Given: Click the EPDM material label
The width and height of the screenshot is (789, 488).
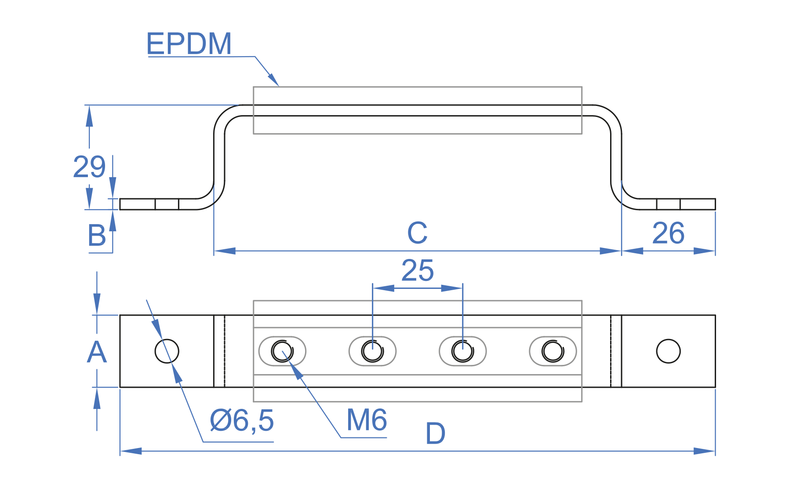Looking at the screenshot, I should coord(189,44).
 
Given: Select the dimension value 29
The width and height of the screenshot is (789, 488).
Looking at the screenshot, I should coord(89,167).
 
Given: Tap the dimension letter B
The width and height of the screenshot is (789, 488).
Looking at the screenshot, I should coord(97,236).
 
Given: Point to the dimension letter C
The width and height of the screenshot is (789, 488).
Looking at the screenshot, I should coord(417,233).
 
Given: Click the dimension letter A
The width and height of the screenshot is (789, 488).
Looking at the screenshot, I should coord(97,353).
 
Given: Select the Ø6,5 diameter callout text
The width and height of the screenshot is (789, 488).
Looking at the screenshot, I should coord(242,421).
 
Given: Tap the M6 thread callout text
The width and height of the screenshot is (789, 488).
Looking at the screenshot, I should coord(367,420).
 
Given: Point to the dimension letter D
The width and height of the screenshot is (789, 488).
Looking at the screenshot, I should coord(435,434).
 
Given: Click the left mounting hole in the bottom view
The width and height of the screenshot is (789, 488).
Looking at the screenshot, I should coord(167,351).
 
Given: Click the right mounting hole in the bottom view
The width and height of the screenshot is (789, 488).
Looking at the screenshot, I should coord(668,351).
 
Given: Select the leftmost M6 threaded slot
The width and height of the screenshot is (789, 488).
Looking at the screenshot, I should coord(282,351).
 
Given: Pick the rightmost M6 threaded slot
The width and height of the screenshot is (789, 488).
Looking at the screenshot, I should coord(553,351).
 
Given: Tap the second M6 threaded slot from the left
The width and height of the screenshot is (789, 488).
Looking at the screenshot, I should coord(372,351).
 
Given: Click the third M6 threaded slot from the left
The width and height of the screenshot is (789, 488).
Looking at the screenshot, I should coord(463,351).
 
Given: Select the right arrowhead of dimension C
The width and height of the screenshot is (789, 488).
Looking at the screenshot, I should coord(611,251).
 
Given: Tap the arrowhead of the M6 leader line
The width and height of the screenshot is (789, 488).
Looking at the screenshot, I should coord(297,371).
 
